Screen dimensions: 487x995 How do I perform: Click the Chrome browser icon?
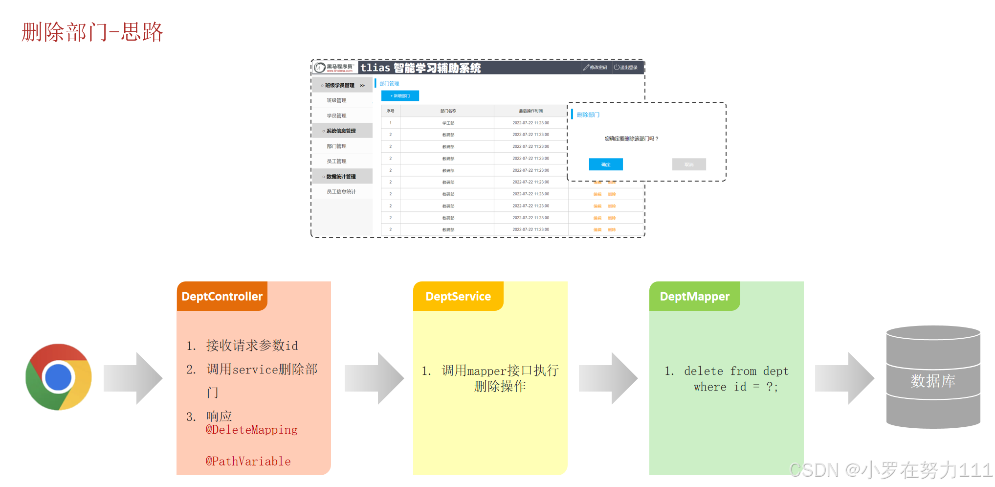[59, 377]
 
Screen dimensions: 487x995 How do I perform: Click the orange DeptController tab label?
[222, 296]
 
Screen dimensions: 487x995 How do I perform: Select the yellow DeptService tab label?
[458, 296]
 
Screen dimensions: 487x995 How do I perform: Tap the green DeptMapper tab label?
[694, 296]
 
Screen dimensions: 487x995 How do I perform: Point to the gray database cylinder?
[933, 377]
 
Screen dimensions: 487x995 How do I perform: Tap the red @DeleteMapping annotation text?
[251, 430]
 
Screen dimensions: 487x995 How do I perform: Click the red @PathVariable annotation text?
[248, 461]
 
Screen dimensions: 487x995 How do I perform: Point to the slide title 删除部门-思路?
[92, 32]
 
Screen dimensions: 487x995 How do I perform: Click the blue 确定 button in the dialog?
[606, 164]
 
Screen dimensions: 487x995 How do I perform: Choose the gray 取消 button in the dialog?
[689, 164]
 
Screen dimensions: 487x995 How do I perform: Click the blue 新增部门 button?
[400, 96]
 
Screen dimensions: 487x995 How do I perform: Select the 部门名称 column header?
[448, 111]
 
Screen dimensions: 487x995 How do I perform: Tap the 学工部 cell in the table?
[448, 123]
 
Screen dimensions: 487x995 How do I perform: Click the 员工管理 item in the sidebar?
[336, 161]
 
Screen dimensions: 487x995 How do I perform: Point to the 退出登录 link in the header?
[626, 68]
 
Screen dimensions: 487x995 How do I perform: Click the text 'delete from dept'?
[736, 371]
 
